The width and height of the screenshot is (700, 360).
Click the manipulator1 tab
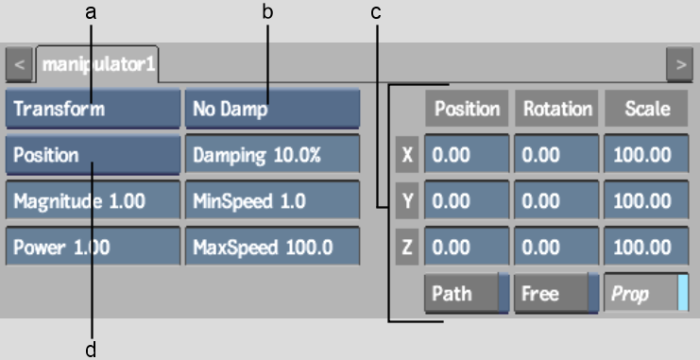tap(98, 66)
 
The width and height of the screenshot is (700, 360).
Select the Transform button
tap(92, 109)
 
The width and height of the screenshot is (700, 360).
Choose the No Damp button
tap(271, 109)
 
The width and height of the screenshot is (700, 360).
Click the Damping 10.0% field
tap(271, 155)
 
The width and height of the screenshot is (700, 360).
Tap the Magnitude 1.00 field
tap(92, 200)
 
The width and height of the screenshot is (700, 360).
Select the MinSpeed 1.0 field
tap(271, 200)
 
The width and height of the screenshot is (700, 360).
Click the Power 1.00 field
tap(92, 247)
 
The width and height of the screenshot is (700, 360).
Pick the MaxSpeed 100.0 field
tap(271, 247)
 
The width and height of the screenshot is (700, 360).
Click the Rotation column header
tap(557, 109)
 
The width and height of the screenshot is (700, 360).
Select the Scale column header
tap(647, 109)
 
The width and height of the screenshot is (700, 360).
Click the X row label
tap(408, 155)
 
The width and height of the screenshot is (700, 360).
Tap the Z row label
tap(408, 247)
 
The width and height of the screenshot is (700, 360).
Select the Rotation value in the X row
tap(557, 155)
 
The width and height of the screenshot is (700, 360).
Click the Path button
tap(467, 293)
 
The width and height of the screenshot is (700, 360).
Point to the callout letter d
tap(92, 350)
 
